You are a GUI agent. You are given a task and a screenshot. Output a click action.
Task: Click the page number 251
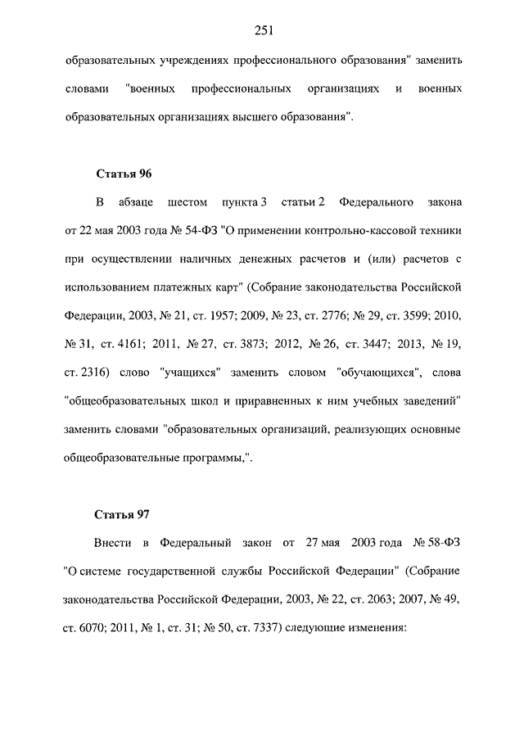(x=262, y=31)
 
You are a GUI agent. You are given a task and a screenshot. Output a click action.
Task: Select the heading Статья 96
(x=124, y=174)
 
